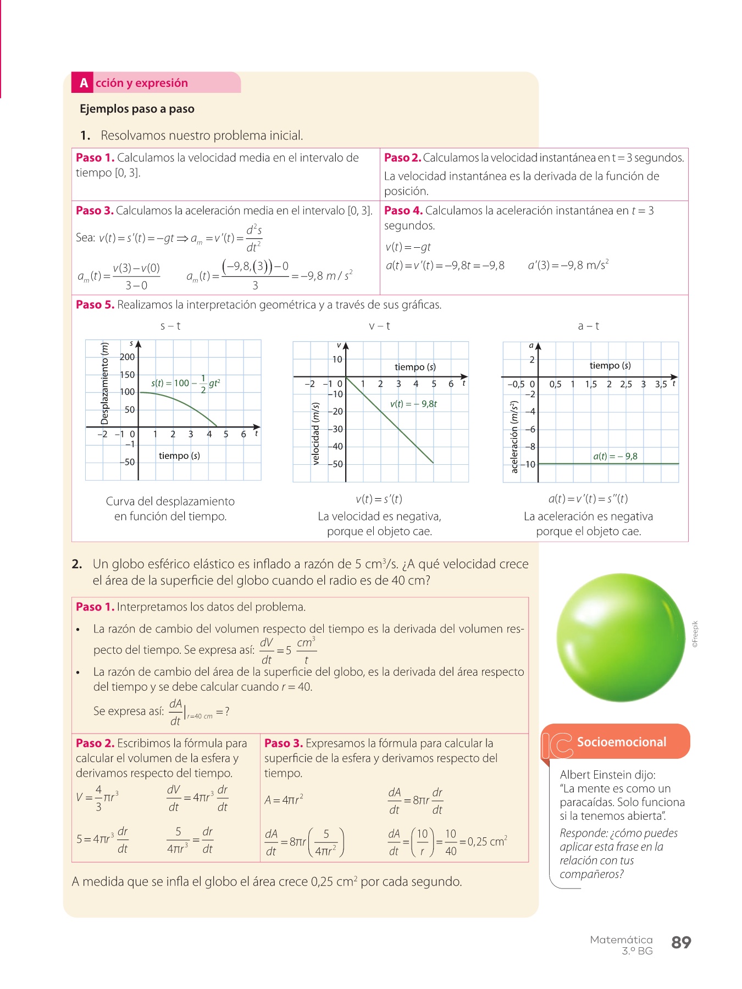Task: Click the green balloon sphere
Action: (x=621, y=637)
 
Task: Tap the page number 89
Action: (x=681, y=942)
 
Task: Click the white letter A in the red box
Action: (x=84, y=83)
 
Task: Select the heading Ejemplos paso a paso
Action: (x=137, y=109)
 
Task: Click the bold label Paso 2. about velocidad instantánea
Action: (x=402, y=158)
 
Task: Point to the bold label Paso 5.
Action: (x=95, y=305)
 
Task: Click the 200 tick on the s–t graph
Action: (x=127, y=357)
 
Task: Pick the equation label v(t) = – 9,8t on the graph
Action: (x=413, y=404)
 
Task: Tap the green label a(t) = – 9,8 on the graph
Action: (x=615, y=456)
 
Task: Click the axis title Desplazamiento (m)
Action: (x=104, y=384)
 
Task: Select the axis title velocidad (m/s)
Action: (x=315, y=434)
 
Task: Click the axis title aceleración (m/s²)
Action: (x=514, y=437)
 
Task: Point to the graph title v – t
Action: (x=379, y=326)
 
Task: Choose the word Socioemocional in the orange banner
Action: (x=621, y=742)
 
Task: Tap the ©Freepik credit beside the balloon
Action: (x=695, y=635)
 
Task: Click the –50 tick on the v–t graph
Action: (x=336, y=464)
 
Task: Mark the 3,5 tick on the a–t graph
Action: (x=661, y=385)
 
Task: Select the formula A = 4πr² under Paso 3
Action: (x=284, y=800)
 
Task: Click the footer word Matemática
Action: (x=621, y=940)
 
